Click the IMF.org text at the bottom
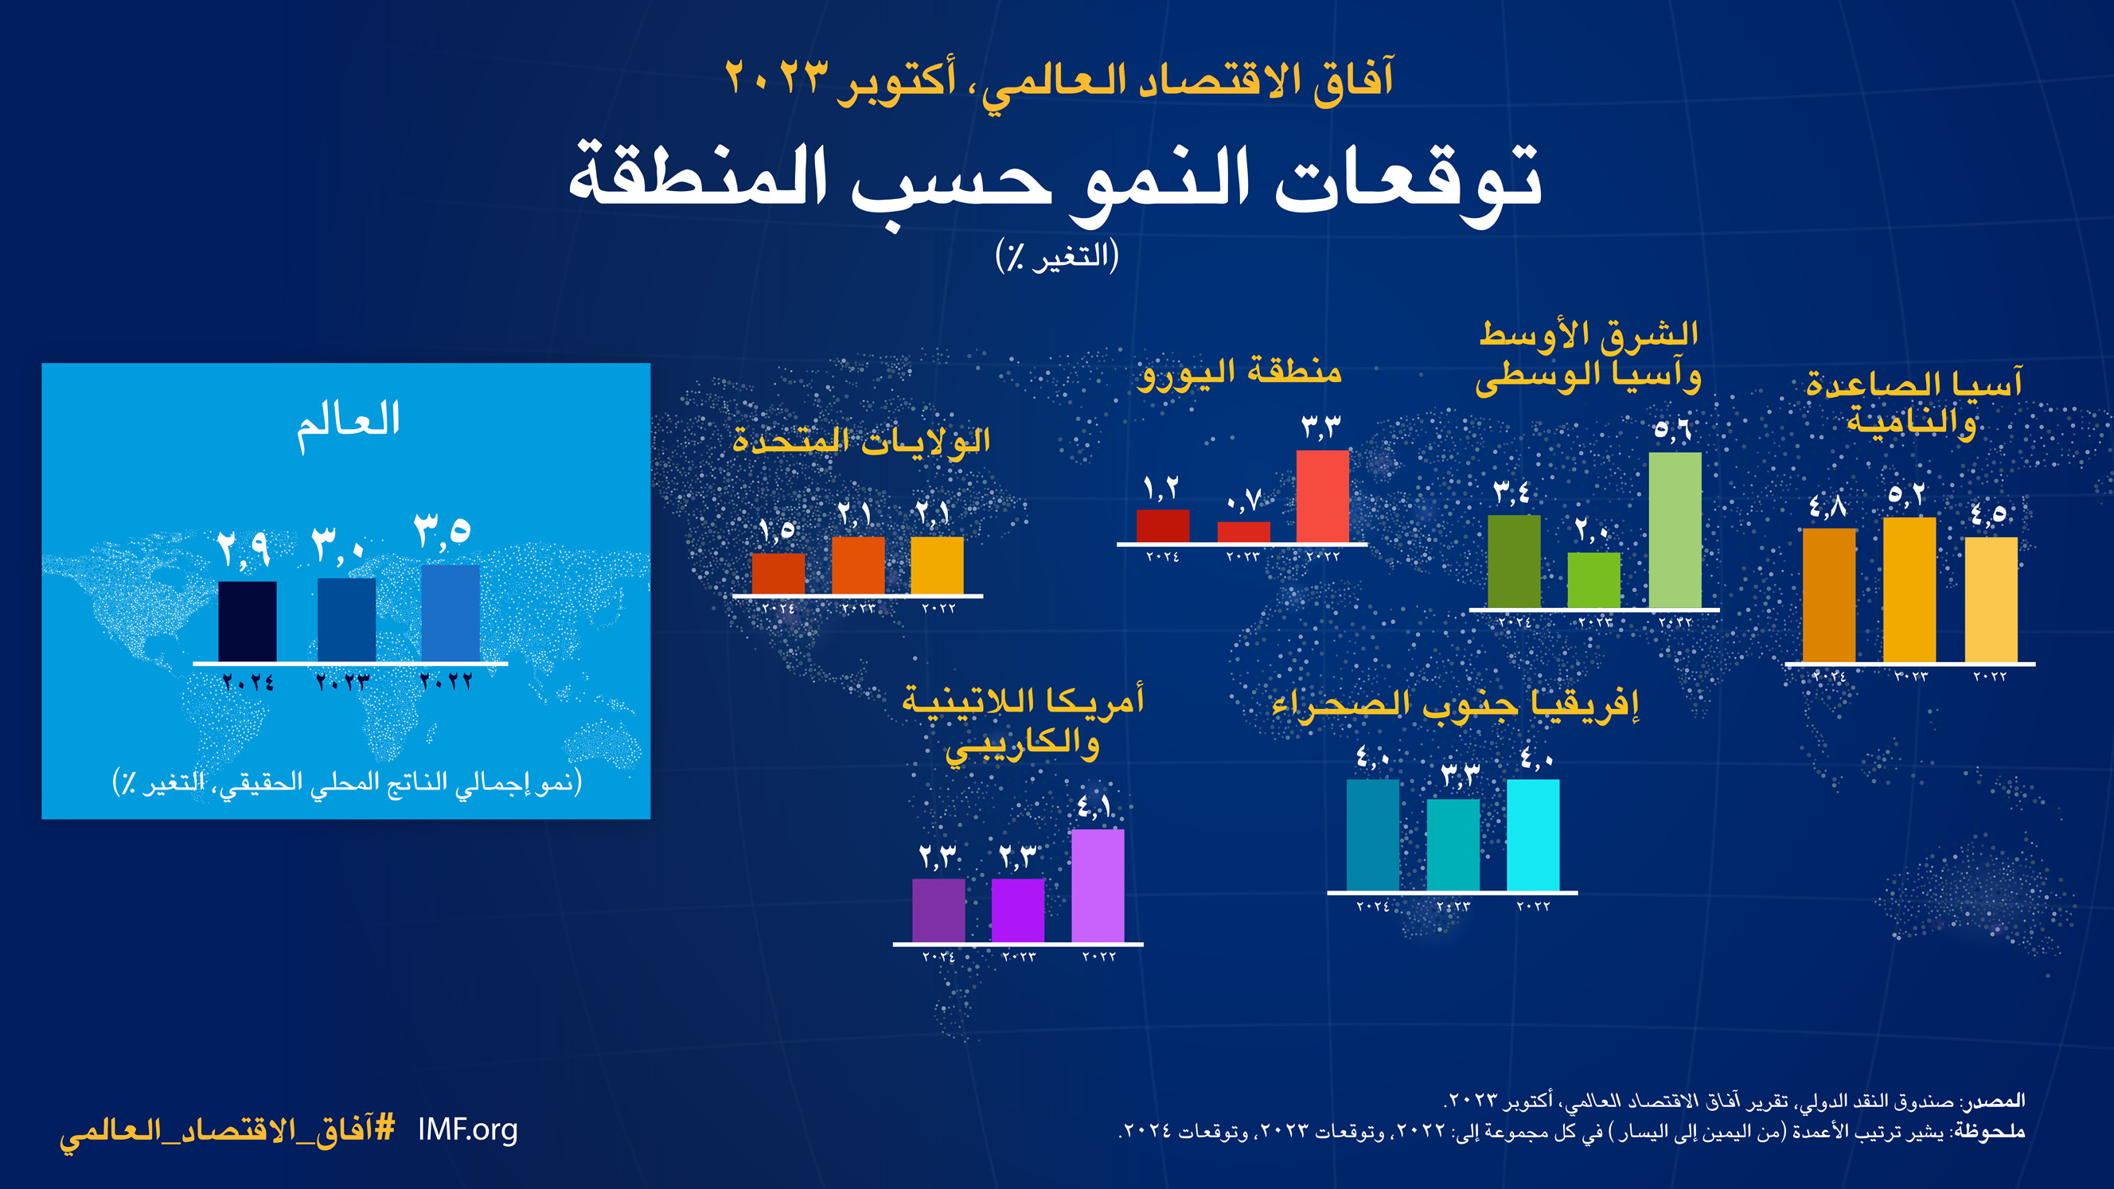[468, 1130]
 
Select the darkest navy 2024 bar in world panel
[247, 622]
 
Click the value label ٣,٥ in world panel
[442, 531]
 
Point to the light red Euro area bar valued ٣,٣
[1322, 497]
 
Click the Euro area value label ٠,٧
[1243, 500]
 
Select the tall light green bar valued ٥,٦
[1674, 530]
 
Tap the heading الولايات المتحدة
[861, 442]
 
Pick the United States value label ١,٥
[776, 531]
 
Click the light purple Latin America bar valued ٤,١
[1098, 886]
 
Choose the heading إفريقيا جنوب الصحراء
[1454, 704]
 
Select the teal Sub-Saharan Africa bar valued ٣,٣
[1453, 844]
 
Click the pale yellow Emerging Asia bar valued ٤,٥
[1990, 599]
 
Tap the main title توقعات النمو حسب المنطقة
[1055, 181]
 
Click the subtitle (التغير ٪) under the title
[1056, 256]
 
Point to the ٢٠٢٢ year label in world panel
[446, 681]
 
